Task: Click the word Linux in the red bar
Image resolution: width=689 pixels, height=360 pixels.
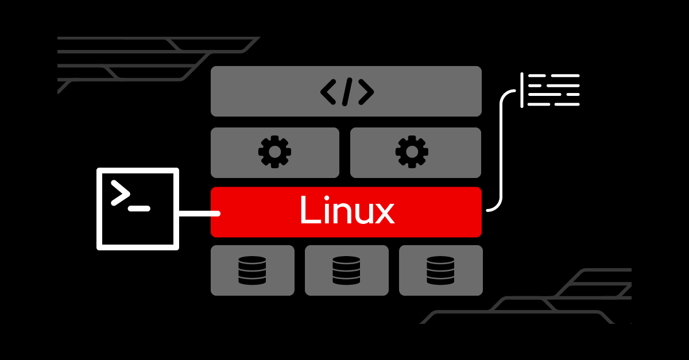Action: point(346,211)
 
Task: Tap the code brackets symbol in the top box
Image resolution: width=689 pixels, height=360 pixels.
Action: point(347,92)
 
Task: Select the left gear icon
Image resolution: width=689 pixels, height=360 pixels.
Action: point(274,152)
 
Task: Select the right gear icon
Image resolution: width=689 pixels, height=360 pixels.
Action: point(412,152)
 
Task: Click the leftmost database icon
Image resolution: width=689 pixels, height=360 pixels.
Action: point(252,270)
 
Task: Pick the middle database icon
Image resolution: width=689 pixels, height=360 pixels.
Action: point(346,270)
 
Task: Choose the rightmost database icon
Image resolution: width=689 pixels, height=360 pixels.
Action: point(440,270)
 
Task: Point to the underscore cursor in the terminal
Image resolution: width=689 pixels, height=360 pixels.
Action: point(139,208)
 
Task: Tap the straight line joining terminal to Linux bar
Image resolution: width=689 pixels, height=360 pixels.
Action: point(199,214)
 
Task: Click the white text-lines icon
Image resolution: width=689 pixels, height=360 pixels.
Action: point(550,90)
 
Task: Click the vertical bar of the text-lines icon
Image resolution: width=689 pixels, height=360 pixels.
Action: point(521,90)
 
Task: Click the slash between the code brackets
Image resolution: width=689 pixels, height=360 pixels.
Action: point(347,92)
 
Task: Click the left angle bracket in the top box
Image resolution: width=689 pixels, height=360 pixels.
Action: point(328,92)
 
